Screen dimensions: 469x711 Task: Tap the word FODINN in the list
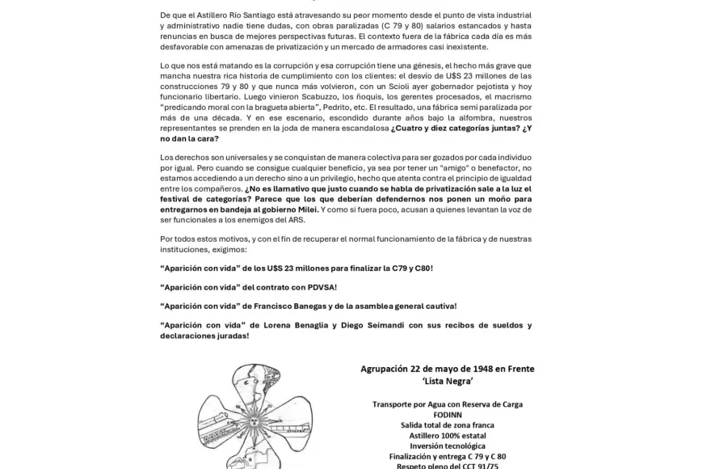pyautogui.click(x=447, y=414)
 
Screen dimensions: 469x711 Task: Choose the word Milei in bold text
pyautogui.click(x=302, y=209)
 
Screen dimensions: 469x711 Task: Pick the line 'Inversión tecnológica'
pyautogui.click(x=447, y=446)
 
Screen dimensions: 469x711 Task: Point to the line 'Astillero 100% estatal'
pyautogui.click(x=447, y=435)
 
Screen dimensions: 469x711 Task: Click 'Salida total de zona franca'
pyautogui.click(x=447, y=425)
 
